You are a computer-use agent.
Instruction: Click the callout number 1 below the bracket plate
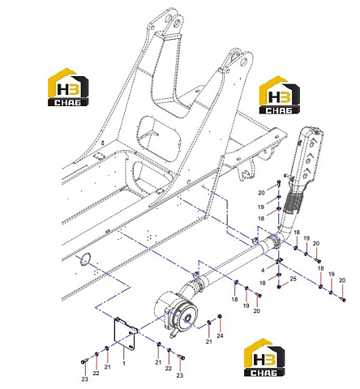coord(124,363)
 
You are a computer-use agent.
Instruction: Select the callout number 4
coord(263,270)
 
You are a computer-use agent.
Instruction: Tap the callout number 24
coord(220,336)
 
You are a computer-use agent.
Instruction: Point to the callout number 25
coord(294,279)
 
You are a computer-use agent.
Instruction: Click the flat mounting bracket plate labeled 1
coord(124,334)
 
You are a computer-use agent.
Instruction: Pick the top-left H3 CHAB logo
coord(68,87)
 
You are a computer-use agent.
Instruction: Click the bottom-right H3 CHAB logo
coord(264,357)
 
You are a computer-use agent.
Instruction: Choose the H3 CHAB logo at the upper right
coord(280,95)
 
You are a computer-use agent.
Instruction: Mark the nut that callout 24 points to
coord(220,316)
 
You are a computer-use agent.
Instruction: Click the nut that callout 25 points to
coord(279,286)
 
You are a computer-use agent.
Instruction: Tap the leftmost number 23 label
coord(85,379)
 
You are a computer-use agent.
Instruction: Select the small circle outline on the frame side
coord(85,259)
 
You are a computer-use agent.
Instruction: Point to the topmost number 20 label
coord(261,193)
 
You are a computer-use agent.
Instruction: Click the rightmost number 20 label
coord(342,280)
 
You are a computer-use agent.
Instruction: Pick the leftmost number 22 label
coord(96,373)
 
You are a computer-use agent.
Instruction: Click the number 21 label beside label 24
coord(208,341)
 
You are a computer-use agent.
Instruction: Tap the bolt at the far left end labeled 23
coord(84,361)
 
